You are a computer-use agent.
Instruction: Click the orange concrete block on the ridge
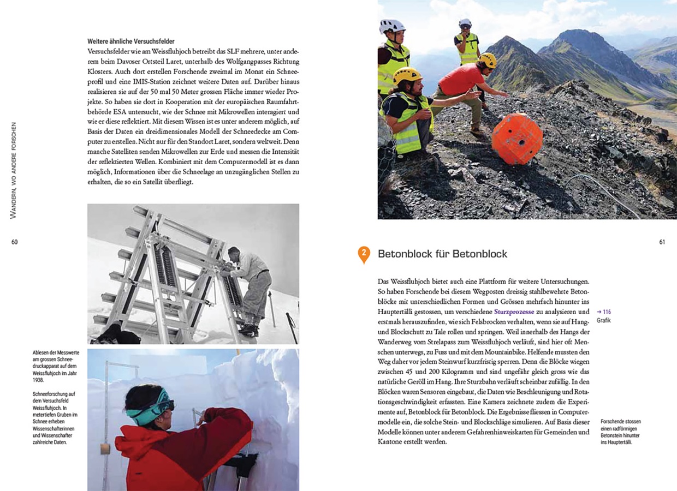pos(516,139)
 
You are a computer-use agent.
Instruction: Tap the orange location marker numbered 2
pos(363,254)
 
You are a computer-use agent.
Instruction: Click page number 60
pos(15,242)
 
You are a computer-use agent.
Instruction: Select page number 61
pos(662,242)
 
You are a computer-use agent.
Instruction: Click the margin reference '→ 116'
pos(603,312)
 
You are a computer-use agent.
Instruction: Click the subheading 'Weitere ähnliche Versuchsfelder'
pos(132,41)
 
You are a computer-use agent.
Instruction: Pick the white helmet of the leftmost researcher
pos(392,26)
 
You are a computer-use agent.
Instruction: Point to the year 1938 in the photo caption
pos(38,380)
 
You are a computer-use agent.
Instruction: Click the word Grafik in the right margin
pos(603,321)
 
